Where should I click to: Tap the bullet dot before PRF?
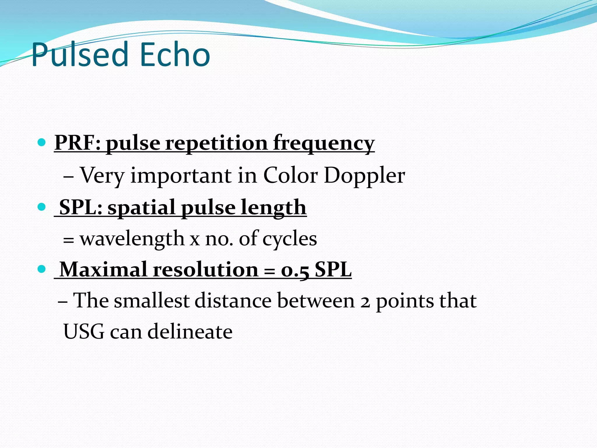click(x=42, y=143)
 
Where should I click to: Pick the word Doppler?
click(x=364, y=176)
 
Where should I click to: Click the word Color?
click(x=290, y=176)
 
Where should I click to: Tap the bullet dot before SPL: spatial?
click(x=42, y=207)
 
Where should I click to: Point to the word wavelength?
click(x=132, y=239)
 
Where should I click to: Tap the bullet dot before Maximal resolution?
click(x=42, y=269)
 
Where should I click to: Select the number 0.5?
click(x=295, y=270)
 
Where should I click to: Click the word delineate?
click(x=190, y=332)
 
